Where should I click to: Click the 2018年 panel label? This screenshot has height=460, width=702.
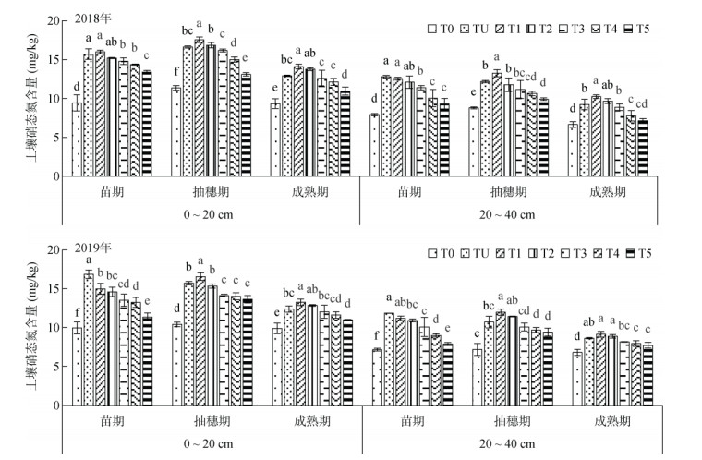pos(90,25)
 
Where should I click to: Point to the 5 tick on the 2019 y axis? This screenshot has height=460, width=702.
pos(57,367)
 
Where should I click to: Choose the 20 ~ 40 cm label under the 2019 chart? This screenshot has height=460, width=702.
pos(508,443)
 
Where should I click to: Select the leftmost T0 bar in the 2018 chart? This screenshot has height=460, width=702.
pos(78,139)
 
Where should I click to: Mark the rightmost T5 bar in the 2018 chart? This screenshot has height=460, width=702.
pos(642,149)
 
